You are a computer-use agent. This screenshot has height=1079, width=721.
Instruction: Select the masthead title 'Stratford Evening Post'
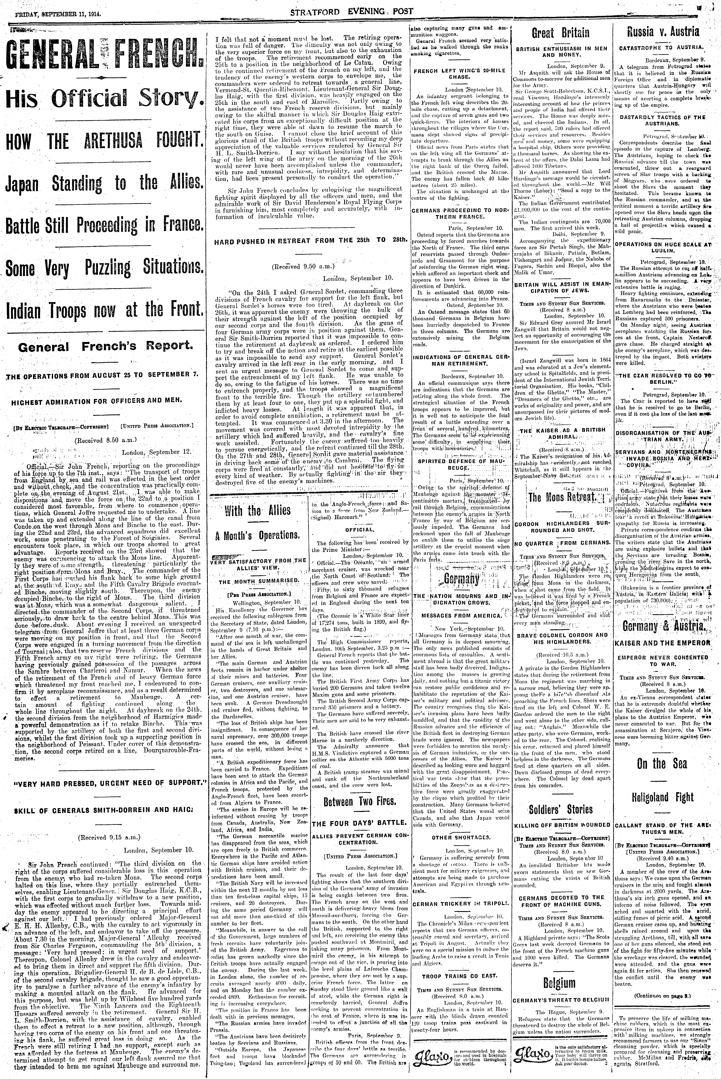pos(352,12)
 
